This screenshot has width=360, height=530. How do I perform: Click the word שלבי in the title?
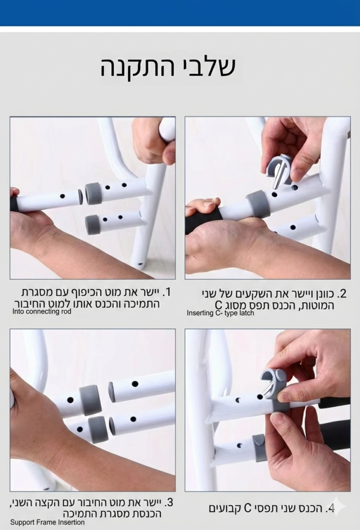point(207,67)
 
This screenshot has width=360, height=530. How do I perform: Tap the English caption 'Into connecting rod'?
point(42,311)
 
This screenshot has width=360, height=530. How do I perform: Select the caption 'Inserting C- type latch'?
point(220,313)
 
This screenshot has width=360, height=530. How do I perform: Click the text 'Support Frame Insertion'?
point(47,522)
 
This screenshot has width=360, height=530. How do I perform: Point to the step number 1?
point(167,292)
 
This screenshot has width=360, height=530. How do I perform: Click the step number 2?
point(342,293)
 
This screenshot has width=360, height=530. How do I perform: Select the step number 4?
point(330,508)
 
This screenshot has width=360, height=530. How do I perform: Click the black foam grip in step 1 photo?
point(13,203)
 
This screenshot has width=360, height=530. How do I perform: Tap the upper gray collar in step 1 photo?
point(93,194)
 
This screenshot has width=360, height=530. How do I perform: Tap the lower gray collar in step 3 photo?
point(97,429)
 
